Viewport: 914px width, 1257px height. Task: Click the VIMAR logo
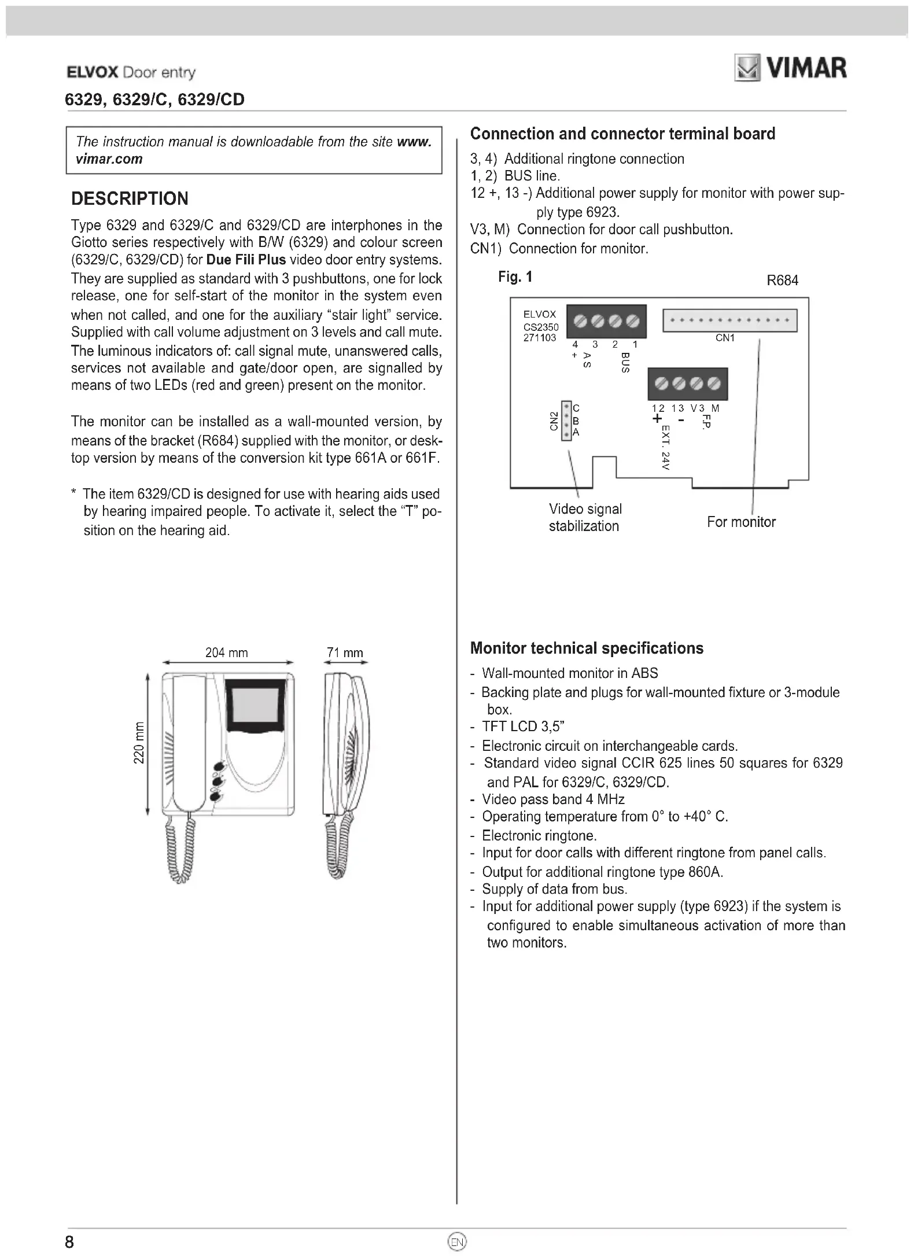tap(790, 68)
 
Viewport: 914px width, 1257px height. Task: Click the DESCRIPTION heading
tap(130, 198)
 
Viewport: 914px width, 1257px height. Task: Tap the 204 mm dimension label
tap(226, 653)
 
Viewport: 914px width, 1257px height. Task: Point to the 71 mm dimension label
tap(345, 653)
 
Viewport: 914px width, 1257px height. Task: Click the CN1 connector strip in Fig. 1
tap(729, 320)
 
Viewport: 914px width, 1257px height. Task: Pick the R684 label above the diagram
tap(782, 281)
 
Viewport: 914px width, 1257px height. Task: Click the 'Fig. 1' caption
tap(515, 277)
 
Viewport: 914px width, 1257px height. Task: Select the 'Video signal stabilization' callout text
tap(585, 517)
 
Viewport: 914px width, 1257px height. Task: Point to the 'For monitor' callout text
tap(741, 522)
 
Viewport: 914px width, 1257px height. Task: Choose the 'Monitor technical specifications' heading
tap(587, 648)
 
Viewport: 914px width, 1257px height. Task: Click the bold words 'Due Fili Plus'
tap(246, 260)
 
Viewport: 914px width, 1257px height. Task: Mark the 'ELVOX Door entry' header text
tap(131, 73)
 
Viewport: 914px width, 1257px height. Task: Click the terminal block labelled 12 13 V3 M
tap(687, 384)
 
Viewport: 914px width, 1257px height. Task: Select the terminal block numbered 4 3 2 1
tap(606, 320)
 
